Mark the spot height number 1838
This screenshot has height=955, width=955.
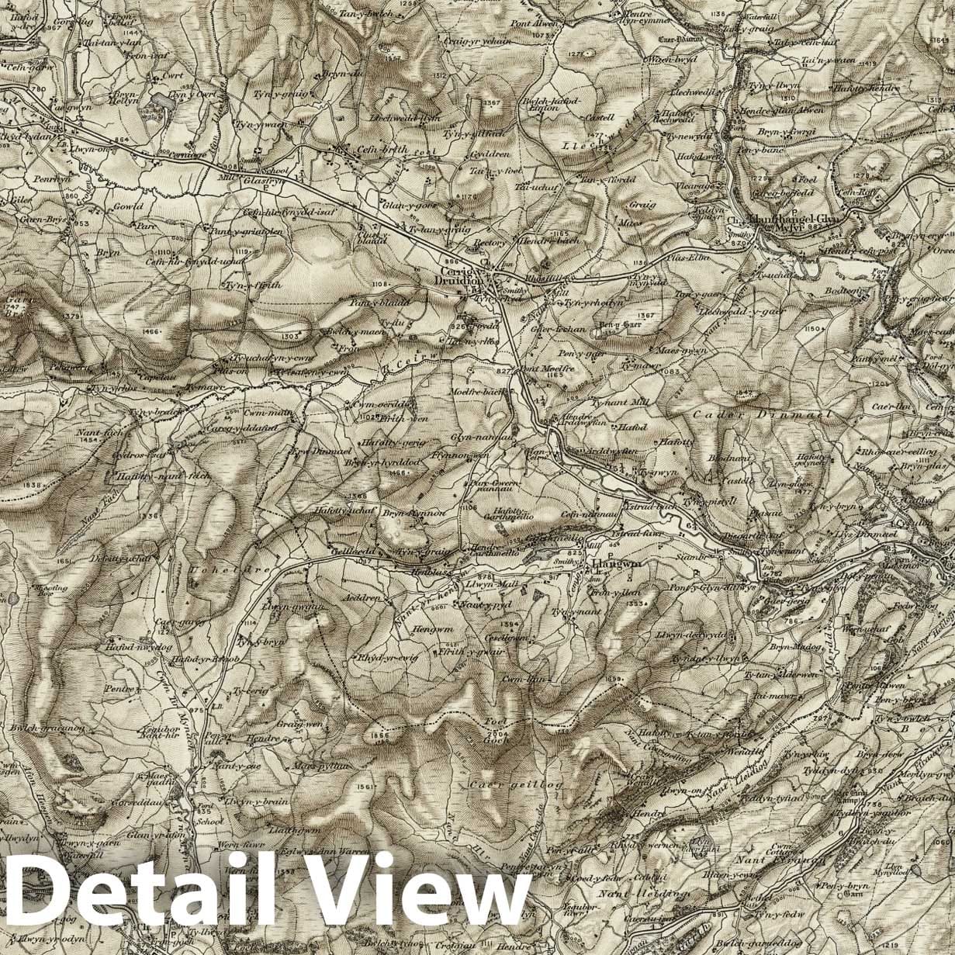(33, 486)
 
